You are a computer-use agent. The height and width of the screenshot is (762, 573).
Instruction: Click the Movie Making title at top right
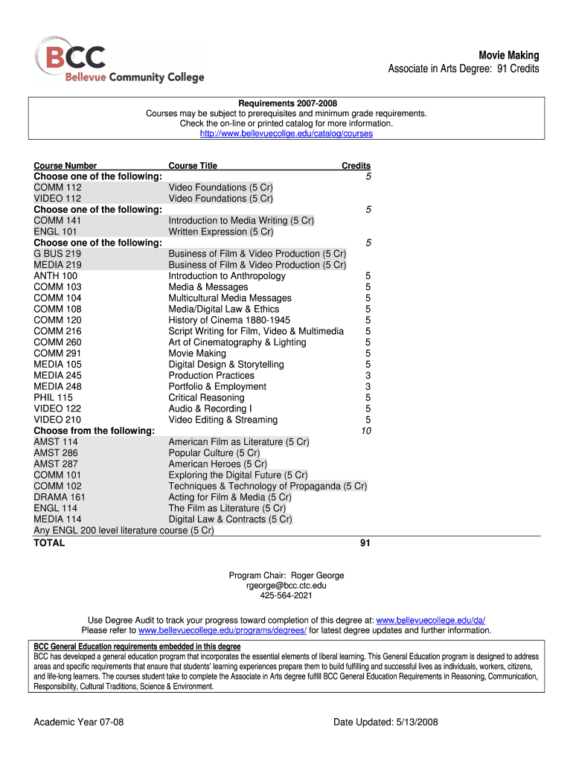[508, 55]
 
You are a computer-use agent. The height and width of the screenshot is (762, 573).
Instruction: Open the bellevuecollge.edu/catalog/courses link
[286, 134]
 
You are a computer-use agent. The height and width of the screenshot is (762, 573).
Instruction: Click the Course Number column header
[65, 166]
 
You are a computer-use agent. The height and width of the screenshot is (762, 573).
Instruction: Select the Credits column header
[356, 166]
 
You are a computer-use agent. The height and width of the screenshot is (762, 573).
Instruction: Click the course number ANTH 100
[56, 276]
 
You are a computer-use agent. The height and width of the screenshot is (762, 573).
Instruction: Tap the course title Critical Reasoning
[206, 397]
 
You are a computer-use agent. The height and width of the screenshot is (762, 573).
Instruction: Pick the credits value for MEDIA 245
[368, 376]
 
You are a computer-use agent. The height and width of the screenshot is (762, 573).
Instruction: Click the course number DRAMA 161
[60, 497]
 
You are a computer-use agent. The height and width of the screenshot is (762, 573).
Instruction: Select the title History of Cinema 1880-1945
[229, 320]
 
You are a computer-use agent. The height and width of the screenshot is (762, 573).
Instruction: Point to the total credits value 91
[365, 543]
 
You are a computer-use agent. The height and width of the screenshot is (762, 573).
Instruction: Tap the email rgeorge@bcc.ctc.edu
[286, 586]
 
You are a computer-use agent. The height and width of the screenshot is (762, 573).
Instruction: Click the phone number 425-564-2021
[286, 596]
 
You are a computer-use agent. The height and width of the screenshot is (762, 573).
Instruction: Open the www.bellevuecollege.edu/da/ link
[431, 621]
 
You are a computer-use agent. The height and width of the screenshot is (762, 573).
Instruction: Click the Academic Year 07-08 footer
[78, 722]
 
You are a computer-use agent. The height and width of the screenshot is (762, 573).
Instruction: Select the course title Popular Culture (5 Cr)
[214, 452]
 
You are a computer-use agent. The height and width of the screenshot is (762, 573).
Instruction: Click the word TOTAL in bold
[49, 543]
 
